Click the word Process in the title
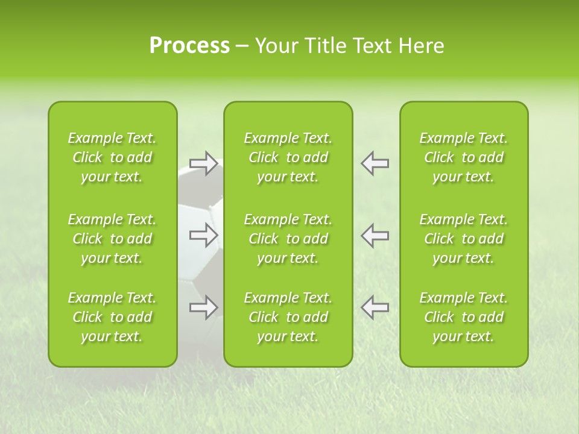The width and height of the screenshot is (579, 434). [x=189, y=46]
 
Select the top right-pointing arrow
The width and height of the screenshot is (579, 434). [x=203, y=163]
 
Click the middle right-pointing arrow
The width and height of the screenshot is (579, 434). [x=203, y=235]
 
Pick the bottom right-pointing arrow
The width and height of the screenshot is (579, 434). [x=203, y=307]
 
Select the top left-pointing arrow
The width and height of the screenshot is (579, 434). [x=375, y=163]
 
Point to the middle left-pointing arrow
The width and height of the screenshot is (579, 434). [x=375, y=235]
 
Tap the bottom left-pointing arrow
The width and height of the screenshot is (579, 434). [x=375, y=307]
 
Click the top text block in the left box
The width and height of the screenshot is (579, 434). [x=112, y=157]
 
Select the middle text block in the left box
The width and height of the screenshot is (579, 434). [x=112, y=239]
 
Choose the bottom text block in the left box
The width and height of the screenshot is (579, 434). [x=112, y=317]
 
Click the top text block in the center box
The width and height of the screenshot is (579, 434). [x=288, y=157]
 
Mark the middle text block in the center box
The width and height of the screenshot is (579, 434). [x=288, y=239]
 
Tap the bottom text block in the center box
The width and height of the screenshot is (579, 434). [x=288, y=317]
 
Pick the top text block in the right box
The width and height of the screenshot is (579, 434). [x=463, y=157]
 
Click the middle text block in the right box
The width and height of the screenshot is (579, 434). [x=463, y=239]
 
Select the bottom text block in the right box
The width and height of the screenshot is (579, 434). [x=463, y=317]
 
